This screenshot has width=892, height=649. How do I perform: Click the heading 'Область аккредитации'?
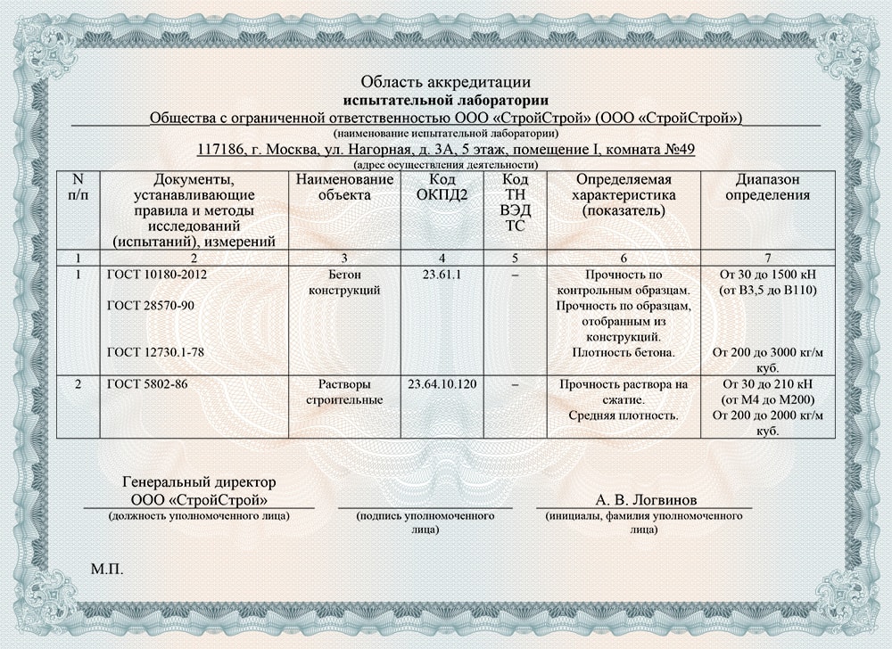pyautogui.click(x=445, y=84)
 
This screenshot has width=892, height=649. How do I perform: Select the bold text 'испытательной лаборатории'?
pyautogui.click(x=445, y=100)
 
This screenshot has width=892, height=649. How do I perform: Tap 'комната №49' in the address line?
pyautogui.click(x=652, y=150)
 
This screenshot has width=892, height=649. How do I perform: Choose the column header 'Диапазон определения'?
pyautogui.click(x=768, y=188)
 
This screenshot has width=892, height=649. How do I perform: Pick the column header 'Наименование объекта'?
pyautogui.click(x=344, y=188)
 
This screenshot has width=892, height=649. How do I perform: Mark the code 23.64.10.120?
pyautogui.click(x=442, y=384)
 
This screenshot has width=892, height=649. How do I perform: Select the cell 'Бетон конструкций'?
pyautogui.click(x=344, y=283)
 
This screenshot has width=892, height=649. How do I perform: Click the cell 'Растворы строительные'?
pyautogui.click(x=344, y=392)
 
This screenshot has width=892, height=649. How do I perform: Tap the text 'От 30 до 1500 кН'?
pyautogui.click(x=768, y=275)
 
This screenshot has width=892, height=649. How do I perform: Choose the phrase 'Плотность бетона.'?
pyautogui.click(x=624, y=352)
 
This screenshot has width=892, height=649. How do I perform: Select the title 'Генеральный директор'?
pyautogui.click(x=198, y=483)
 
